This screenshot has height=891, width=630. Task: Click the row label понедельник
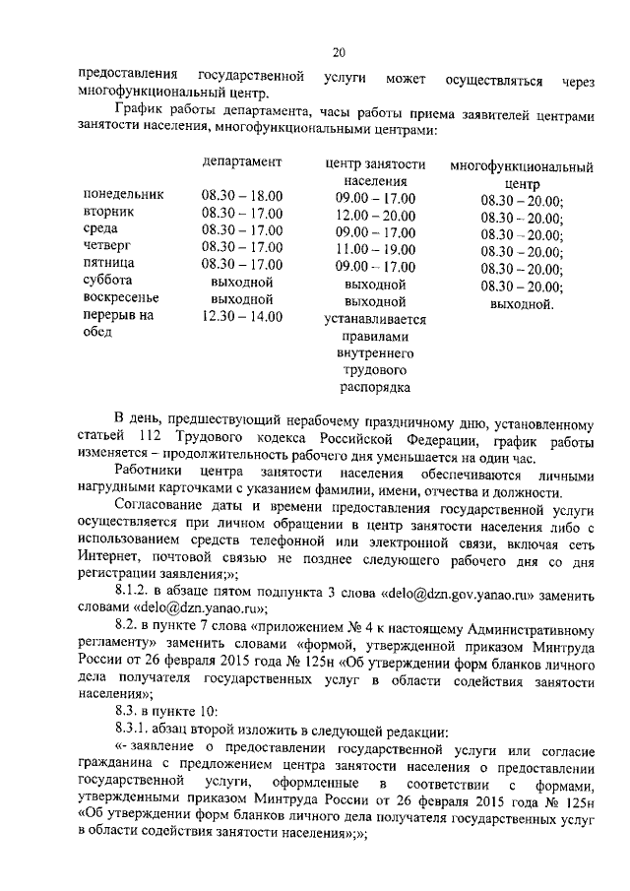123,196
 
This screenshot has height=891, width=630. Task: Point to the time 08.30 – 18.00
242,196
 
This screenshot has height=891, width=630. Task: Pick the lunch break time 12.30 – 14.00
242,316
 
